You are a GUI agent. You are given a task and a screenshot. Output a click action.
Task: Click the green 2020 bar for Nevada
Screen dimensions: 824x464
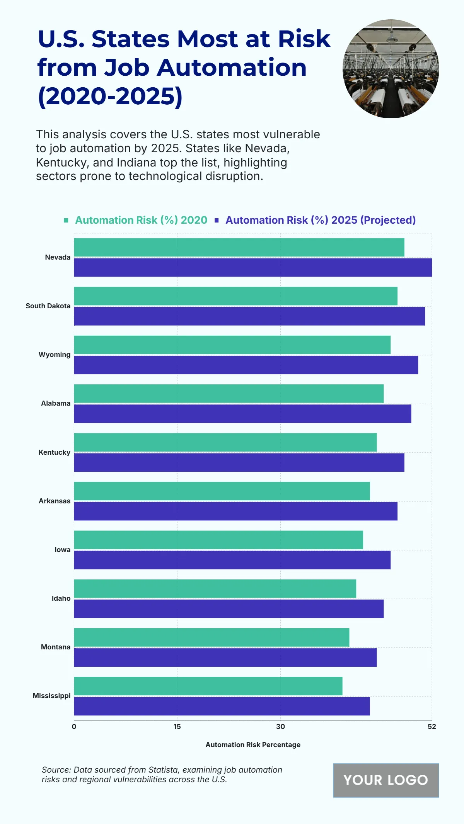coord(239,247)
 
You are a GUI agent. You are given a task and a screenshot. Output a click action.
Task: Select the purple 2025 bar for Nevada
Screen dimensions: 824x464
coord(253,267)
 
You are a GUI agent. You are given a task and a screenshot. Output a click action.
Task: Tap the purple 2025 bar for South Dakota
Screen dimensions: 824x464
coord(249,316)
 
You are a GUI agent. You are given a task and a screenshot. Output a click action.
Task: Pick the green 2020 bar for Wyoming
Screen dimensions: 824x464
coord(232,345)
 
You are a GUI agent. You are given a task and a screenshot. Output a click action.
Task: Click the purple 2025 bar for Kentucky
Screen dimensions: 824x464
coord(239,462)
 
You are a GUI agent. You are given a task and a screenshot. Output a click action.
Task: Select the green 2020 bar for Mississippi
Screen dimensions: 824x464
coord(208,686)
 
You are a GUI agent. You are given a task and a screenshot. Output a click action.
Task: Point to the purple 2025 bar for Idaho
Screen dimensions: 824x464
coord(229,609)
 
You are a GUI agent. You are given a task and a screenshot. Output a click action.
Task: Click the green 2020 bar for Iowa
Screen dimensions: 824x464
coord(218,540)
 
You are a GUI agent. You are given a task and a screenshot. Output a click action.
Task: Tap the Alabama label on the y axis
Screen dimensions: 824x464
coord(56,403)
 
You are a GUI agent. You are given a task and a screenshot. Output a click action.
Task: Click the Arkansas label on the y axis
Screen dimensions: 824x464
coord(55,501)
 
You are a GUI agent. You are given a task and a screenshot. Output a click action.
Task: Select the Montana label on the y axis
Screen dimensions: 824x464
coord(56,647)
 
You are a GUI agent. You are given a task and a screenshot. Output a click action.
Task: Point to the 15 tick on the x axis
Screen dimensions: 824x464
coord(177,727)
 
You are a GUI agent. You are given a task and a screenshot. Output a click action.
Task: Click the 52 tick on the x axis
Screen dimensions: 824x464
coord(432,727)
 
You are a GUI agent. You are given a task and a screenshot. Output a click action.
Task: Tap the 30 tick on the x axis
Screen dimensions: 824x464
coord(280,727)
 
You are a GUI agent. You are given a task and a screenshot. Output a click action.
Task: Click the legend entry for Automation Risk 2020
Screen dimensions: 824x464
coord(141,220)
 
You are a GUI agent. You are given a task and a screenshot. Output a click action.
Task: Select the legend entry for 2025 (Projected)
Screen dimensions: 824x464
coord(320,220)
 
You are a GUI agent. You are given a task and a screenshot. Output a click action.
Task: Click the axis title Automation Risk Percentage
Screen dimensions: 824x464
coord(253,745)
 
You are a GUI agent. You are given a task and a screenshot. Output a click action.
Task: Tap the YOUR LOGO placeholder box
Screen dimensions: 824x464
coord(386,780)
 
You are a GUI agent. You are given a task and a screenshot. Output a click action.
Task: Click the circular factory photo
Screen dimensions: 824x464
coord(391,69)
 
